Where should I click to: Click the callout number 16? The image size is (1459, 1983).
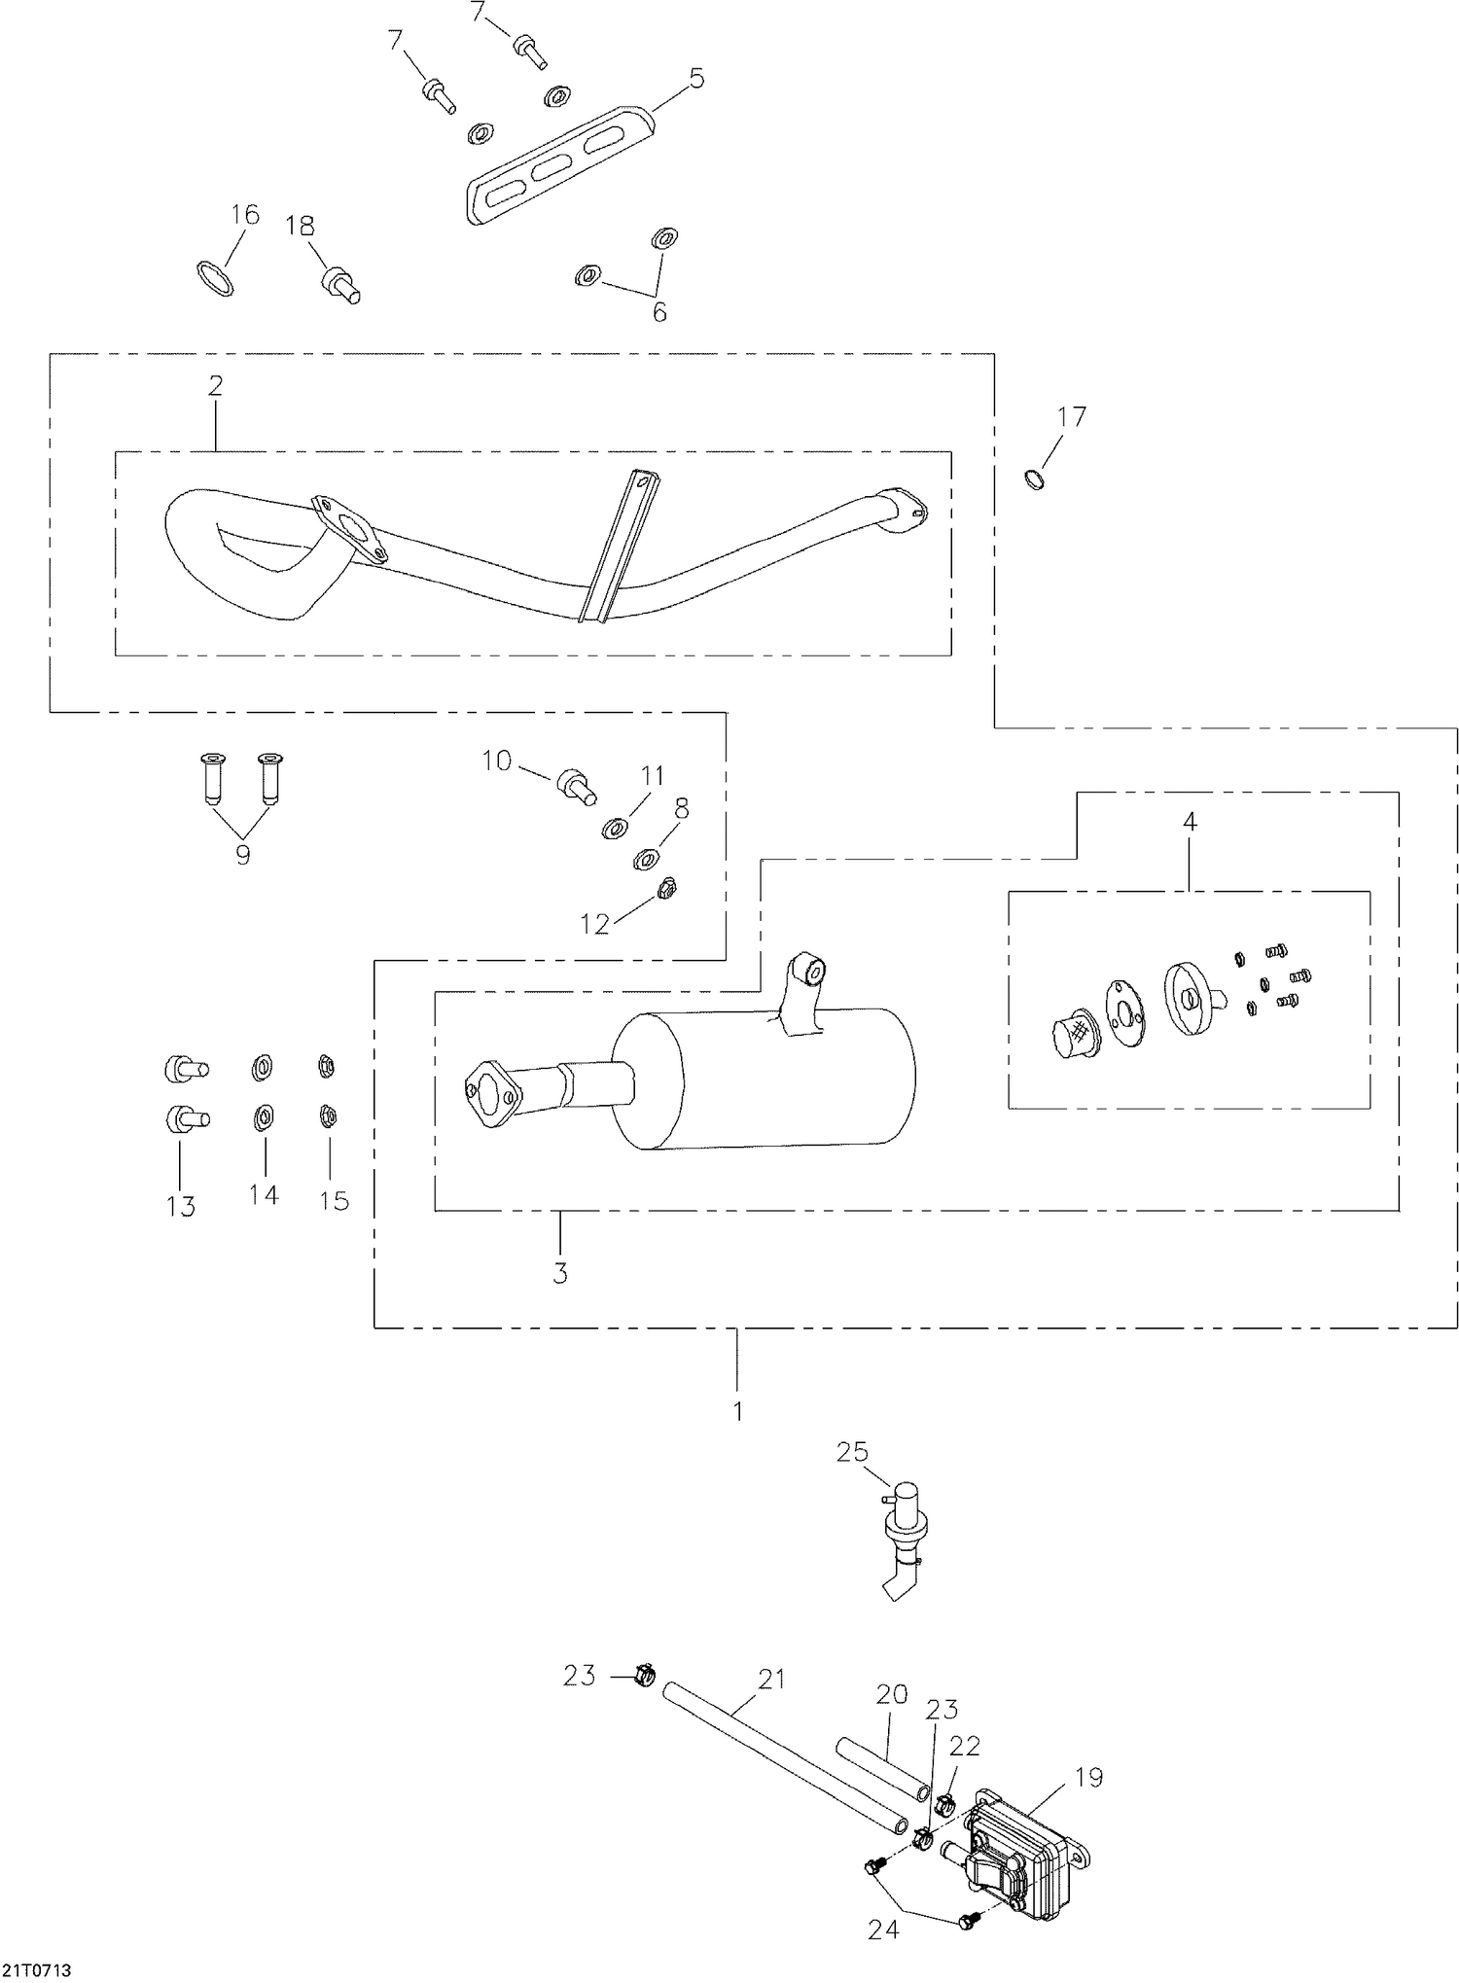[x=245, y=214]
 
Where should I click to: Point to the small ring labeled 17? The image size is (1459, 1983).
[x=1036, y=478]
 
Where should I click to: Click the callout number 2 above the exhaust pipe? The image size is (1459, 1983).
[x=215, y=385]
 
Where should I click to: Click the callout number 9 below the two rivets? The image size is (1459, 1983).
[x=242, y=855]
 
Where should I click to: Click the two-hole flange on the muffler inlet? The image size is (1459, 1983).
[x=492, y=1098]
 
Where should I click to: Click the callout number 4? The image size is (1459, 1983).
[x=1189, y=822]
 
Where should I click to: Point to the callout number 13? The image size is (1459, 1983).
[x=181, y=1206]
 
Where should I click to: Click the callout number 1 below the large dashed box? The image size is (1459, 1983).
[x=737, y=1411]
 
